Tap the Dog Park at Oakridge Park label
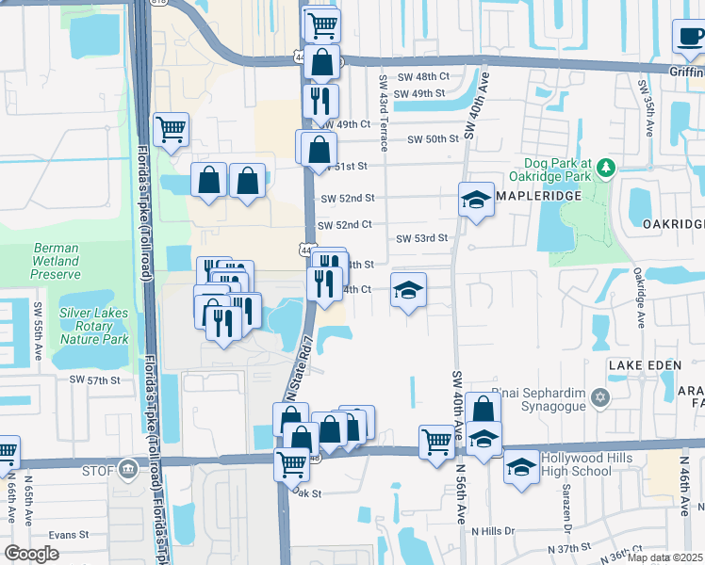point(550,169)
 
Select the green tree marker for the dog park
point(607,168)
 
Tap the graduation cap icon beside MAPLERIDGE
point(477,200)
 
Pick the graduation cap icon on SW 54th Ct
point(408,291)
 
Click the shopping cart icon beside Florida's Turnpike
point(171,130)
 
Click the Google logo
point(31,553)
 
